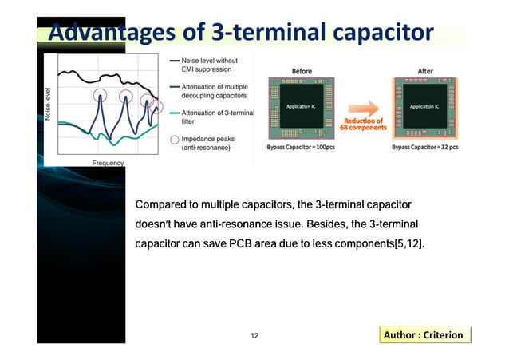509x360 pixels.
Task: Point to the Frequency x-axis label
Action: tap(108, 163)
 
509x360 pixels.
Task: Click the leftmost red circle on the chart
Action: tap(100, 96)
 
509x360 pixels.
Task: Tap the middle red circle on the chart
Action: tap(126, 97)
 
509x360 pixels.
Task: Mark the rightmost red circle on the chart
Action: tap(149, 101)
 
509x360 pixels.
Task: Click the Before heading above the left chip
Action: tap(302, 71)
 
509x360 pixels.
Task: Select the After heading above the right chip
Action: tap(425, 70)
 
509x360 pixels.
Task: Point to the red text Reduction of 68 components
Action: tap(364, 125)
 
